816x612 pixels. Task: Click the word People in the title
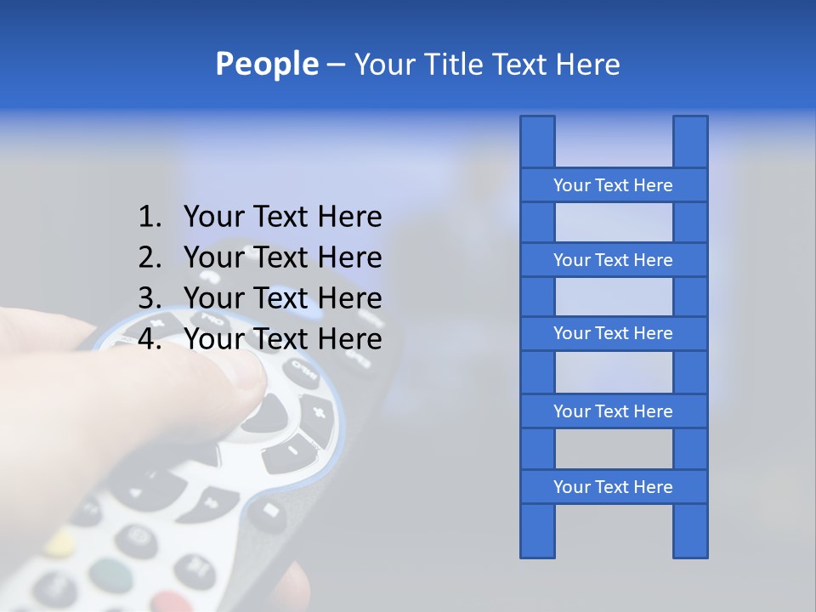pyautogui.click(x=266, y=65)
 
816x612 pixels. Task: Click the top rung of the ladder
pyautogui.click(x=613, y=185)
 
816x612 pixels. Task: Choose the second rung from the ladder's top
pyautogui.click(x=613, y=260)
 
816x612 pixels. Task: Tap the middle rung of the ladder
pyautogui.click(x=613, y=334)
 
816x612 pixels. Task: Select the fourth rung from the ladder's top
pyautogui.click(x=613, y=411)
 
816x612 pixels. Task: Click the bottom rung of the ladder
pyautogui.click(x=613, y=487)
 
